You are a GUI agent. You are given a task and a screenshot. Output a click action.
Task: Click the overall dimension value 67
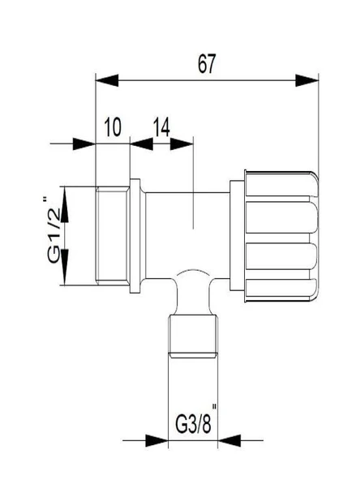point(207,64)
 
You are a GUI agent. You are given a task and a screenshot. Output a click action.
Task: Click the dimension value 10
point(113,126)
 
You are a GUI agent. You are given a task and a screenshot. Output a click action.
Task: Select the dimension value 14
point(161,126)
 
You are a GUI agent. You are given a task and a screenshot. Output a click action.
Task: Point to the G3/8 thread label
point(193,424)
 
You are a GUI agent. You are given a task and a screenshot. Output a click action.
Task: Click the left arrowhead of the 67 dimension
point(107,80)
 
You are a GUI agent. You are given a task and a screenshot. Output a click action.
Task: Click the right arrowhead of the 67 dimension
point(307,80)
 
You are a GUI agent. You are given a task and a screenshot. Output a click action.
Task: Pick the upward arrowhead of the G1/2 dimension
point(65,204)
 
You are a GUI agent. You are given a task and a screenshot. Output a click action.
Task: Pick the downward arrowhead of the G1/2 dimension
point(65,267)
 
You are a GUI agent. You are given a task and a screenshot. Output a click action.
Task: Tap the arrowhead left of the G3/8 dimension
point(156,440)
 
